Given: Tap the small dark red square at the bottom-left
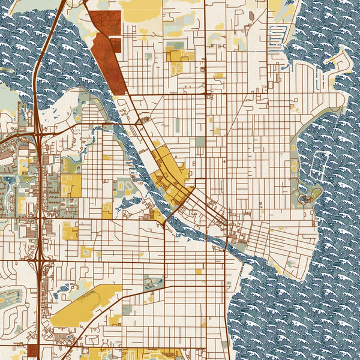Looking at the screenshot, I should point(32,350).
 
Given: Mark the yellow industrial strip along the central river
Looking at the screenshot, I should point(168,174).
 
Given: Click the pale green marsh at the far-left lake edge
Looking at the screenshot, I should point(7,96).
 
